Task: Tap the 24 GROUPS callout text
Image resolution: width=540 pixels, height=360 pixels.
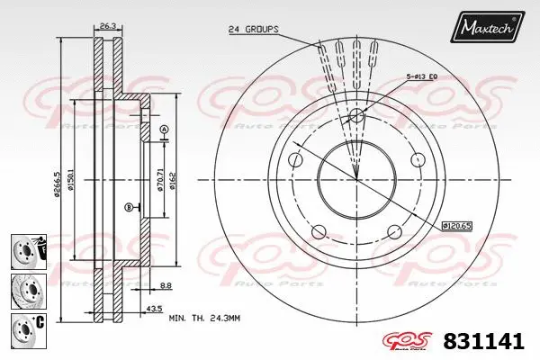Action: pos(253,29)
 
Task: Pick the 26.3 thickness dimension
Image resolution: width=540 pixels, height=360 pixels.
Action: pos(106,25)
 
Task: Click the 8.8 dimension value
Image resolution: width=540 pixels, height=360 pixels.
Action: pos(166,286)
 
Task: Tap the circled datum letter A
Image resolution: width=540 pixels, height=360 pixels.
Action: pos(164,130)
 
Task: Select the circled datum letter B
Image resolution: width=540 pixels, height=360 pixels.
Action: pos(129,207)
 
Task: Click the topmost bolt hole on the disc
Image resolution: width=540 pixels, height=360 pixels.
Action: pos(356,115)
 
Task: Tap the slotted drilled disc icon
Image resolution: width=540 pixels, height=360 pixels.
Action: pos(23,289)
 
